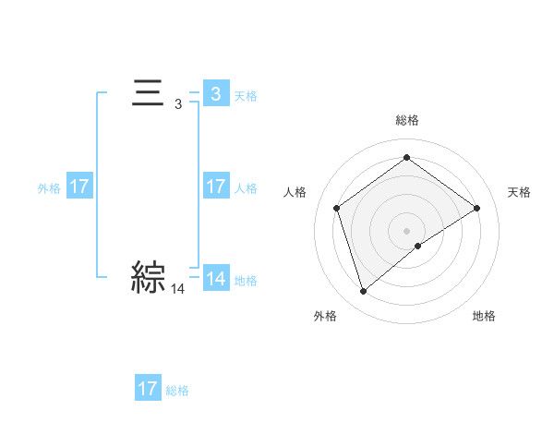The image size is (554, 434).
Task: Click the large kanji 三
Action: click(148, 95)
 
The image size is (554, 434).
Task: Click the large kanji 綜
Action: click(148, 277)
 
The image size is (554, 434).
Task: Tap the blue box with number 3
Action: click(215, 94)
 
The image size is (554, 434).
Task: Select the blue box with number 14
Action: click(215, 279)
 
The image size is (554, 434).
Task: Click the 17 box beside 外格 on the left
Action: click(78, 187)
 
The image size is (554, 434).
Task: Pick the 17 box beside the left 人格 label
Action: click(215, 187)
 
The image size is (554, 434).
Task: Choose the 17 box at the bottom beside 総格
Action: click(148, 389)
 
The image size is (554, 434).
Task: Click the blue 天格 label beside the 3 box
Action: click(246, 96)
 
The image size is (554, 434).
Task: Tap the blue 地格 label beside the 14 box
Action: click(246, 281)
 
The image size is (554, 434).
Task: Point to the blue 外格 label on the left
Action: click(49, 188)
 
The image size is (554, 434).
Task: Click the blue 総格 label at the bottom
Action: click(177, 391)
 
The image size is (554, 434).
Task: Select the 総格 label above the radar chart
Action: click(407, 120)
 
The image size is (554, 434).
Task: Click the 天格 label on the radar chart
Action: click(519, 192)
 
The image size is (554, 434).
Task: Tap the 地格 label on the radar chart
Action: click(484, 317)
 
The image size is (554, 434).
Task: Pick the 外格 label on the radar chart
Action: click(325, 317)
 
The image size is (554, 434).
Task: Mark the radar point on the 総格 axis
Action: click(406, 158)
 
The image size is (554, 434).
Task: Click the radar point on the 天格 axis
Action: click(476, 208)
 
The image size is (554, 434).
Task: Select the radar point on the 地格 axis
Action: click(418, 246)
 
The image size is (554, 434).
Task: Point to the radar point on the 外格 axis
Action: click(363, 292)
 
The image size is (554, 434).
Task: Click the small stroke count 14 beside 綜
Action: click(178, 290)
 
